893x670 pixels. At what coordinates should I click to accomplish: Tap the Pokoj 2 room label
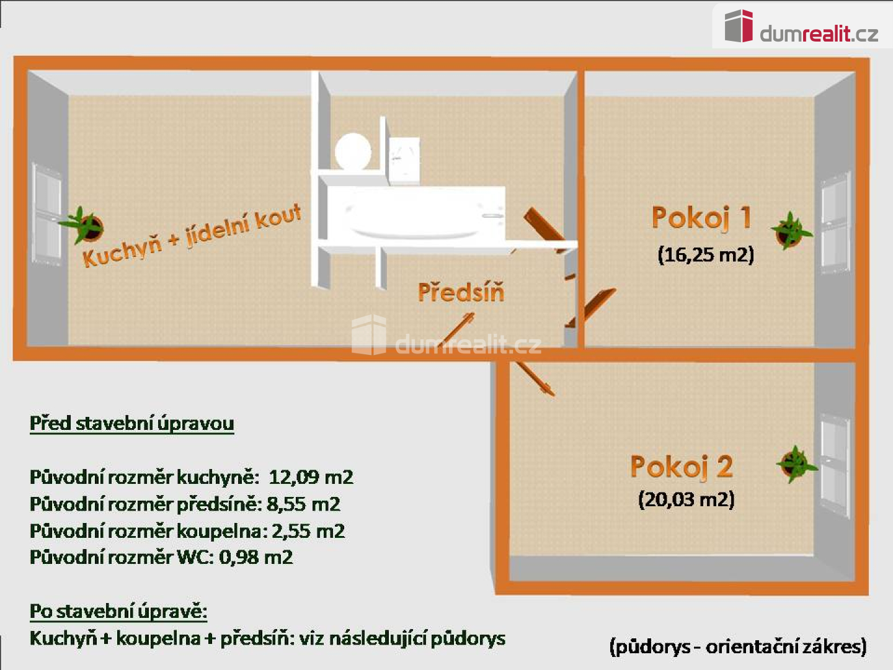point(682,467)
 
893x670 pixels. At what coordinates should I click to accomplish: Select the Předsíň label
point(461,292)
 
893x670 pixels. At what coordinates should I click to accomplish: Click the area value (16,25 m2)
point(706,255)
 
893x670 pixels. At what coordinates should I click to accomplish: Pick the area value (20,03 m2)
point(686,499)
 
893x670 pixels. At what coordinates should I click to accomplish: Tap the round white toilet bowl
point(353,151)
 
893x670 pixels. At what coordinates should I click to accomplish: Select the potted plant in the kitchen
point(82,226)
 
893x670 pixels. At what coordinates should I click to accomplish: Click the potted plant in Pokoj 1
point(791,231)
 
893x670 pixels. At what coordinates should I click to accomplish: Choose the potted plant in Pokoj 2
point(796,465)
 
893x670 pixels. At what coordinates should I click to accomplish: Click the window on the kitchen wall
point(46,215)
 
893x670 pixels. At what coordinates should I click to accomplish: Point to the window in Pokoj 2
point(835,465)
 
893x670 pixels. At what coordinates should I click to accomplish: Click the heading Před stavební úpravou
point(132,424)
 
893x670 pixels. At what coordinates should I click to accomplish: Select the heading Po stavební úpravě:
point(118,612)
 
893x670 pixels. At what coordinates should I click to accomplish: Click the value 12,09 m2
point(311,477)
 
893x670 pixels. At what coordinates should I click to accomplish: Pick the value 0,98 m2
point(255,557)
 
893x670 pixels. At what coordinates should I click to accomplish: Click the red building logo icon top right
point(739,26)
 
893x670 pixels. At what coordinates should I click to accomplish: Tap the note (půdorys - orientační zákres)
point(738,646)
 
